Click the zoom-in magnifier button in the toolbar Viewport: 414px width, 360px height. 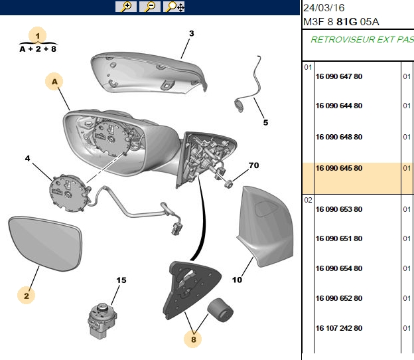coord(126,7)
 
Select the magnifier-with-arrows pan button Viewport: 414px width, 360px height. coord(174,7)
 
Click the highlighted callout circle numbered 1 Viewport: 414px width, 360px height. coord(38,35)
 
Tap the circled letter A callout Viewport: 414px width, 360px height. coord(54,82)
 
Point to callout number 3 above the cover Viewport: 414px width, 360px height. coord(192,34)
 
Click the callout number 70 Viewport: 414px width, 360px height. coord(253,165)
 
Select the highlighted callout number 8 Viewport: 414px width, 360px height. coord(193,339)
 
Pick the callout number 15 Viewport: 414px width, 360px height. coord(121,280)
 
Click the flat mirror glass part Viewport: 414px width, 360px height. coord(45,244)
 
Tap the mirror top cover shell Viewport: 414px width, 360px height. coord(148,72)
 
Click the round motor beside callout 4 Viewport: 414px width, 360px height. coord(69,193)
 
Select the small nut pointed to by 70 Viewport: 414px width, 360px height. coord(228,183)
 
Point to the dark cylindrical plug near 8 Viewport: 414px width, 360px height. coord(220,310)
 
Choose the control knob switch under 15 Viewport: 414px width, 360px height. coord(102,320)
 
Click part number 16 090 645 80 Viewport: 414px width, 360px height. coord(339,168)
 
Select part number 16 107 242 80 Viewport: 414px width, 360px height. coord(339,328)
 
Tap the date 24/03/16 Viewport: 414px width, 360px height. coord(324,8)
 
